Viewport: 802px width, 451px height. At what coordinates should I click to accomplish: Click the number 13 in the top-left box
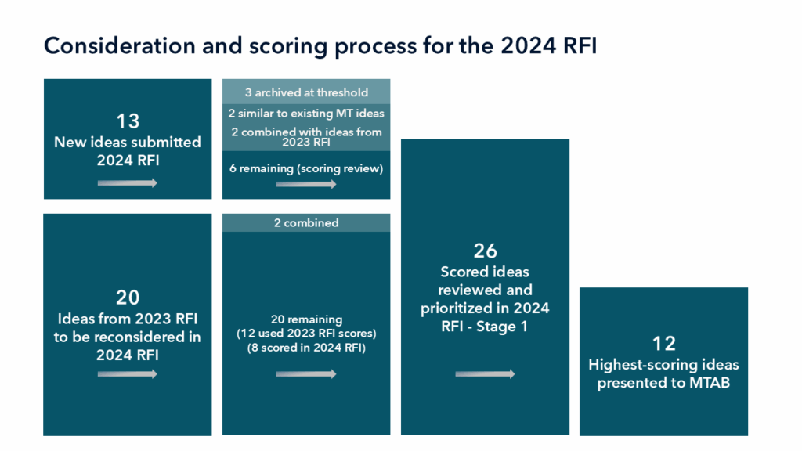coord(128,121)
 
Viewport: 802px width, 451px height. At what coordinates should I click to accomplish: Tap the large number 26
coord(485,251)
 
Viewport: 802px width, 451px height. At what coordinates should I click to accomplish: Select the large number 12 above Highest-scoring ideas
coord(664,344)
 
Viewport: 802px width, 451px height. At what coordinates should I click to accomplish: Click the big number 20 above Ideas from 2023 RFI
coord(128,298)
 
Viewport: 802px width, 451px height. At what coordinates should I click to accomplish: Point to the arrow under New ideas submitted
coord(128,183)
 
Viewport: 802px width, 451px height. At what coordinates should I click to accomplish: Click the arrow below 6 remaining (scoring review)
coord(306,184)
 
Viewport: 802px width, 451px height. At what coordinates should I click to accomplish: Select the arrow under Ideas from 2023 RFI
coord(128,373)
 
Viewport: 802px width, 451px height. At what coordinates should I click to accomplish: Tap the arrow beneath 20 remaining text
coord(306,373)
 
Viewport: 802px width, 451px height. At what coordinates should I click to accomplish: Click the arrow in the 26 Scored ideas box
coord(485,373)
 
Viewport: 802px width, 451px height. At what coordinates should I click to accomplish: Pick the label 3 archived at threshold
coord(306,92)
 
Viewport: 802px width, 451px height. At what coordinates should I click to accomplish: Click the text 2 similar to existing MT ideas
coord(306,114)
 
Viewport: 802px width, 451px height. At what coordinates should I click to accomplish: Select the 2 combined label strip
coord(306,223)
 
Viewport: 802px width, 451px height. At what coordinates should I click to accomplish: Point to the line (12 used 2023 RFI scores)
coord(306,334)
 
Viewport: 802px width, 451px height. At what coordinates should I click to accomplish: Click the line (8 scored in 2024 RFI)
coord(306,348)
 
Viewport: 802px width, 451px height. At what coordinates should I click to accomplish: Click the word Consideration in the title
coord(119,45)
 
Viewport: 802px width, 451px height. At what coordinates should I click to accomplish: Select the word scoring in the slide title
coord(288,46)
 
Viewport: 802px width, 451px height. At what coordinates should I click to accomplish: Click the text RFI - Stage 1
coord(484,327)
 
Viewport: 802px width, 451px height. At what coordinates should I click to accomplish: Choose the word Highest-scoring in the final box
coord(642,365)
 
